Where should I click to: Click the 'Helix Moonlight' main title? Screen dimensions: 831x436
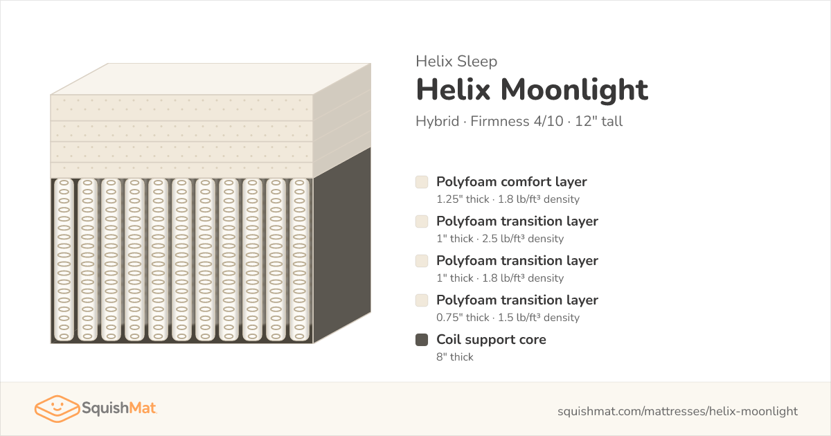click(532, 89)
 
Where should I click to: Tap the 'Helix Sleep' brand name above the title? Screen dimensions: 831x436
click(456, 61)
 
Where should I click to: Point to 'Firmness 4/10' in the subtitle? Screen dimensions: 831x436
click(517, 121)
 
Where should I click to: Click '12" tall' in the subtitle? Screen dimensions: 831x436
click(599, 121)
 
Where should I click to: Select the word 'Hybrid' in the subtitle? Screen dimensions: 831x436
click(438, 122)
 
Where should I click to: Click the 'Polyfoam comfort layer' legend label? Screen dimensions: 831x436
click(512, 182)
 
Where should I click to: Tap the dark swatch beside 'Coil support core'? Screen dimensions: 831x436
click(422, 340)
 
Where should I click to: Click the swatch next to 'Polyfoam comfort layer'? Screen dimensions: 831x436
click(422, 182)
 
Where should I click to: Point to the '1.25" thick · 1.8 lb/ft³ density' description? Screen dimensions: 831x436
click(508, 199)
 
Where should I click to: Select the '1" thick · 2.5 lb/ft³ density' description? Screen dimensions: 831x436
click(500, 238)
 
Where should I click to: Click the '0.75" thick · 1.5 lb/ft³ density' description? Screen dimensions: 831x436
click(508, 318)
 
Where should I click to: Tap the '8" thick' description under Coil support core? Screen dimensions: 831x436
click(455, 356)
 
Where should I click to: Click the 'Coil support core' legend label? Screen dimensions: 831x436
click(491, 340)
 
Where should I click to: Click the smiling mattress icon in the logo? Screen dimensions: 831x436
click(57, 408)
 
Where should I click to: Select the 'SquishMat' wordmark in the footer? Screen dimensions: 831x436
click(119, 408)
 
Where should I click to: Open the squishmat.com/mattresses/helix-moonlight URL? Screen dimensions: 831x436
click(677, 411)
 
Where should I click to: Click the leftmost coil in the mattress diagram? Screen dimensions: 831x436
click(64, 260)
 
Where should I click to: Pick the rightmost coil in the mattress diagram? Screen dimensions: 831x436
click(299, 260)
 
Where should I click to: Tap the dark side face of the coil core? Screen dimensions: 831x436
click(342, 246)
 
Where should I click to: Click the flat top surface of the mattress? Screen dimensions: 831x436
click(211, 79)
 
